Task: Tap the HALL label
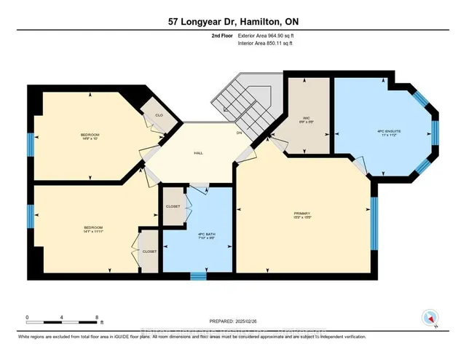click(x=199, y=153)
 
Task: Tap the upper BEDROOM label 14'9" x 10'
click(x=90, y=136)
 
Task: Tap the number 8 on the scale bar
click(x=97, y=318)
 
